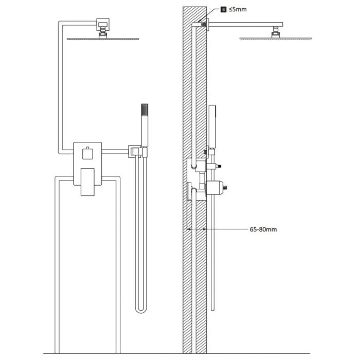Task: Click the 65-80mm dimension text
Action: tap(263, 229)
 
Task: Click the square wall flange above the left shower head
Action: tap(103, 24)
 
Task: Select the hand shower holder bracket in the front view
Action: tap(136, 151)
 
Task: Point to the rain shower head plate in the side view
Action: tap(275, 38)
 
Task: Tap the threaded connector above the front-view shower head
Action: tap(103, 33)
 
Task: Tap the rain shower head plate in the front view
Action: tap(103, 38)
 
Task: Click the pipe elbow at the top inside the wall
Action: tap(197, 24)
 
